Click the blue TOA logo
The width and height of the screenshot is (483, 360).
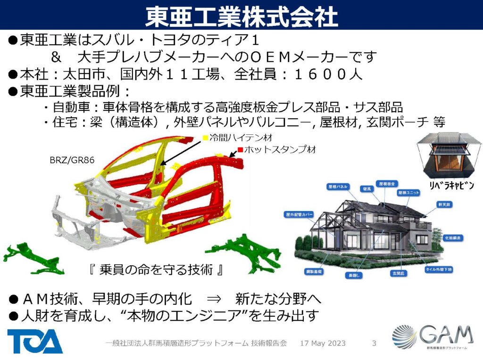pyautogui.click(x=35, y=341)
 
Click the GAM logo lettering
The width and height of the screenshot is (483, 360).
pyautogui.click(x=446, y=335)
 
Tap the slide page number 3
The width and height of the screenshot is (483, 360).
pyautogui.click(x=374, y=343)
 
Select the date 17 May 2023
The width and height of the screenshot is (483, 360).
pyautogui.click(x=323, y=343)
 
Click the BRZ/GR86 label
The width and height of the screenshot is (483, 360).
pyautogui.click(x=72, y=160)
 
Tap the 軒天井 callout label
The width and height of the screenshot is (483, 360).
pyautogui.click(x=444, y=204)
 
